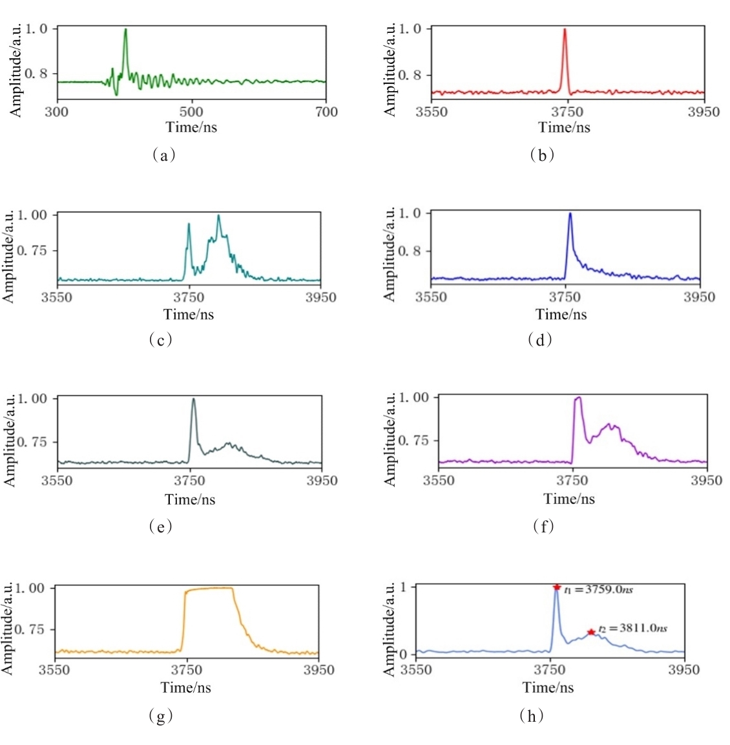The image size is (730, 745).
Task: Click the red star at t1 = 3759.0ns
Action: [x=557, y=587]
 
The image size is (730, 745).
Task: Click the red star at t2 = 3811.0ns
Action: [x=590, y=632]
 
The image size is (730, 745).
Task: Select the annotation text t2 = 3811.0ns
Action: [x=632, y=628]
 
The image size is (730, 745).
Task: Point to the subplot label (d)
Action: [x=540, y=340]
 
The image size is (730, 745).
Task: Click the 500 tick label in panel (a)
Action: [x=191, y=112]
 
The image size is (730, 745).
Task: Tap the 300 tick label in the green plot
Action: [x=57, y=112]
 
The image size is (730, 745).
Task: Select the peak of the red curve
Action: [x=565, y=29]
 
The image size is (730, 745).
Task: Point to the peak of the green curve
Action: [x=125, y=29]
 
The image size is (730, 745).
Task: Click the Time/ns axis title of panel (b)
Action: [x=564, y=127]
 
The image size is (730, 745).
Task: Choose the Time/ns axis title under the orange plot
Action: [x=186, y=687]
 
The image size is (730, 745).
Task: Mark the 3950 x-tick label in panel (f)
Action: [x=707, y=481]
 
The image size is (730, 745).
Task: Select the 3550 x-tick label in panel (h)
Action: [x=416, y=669]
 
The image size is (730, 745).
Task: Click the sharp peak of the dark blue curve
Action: [x=570, y=213]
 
